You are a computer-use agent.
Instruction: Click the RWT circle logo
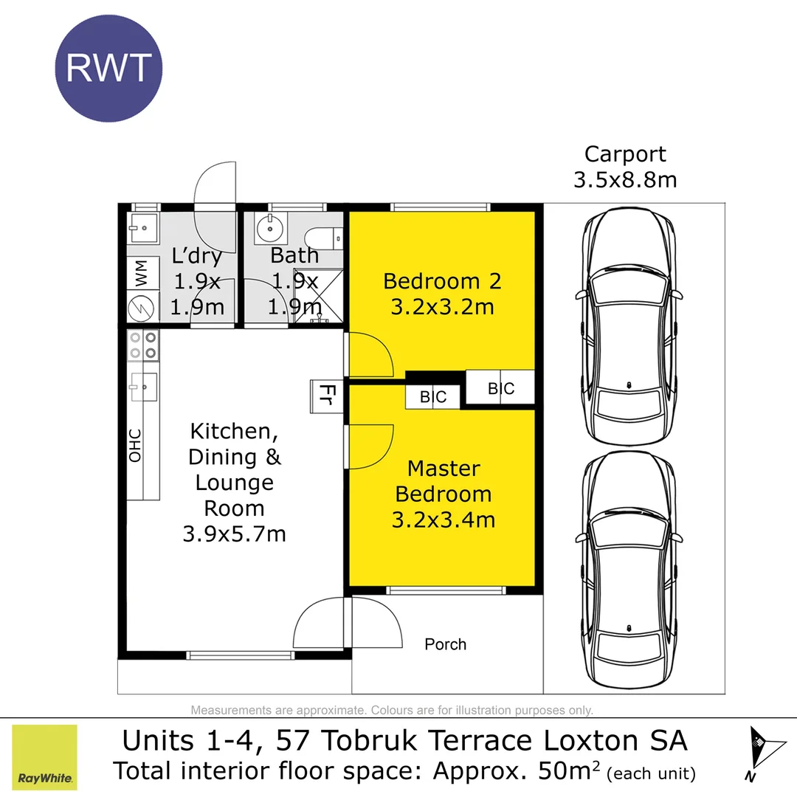(108, 68)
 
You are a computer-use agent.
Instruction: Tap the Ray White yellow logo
(45, 757)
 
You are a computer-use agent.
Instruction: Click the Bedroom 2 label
(442, 293)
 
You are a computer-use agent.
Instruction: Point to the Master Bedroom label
(443, 494)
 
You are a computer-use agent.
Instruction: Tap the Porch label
(445, 644)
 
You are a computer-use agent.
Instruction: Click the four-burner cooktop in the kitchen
(143, 345)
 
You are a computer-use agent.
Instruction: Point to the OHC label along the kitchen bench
(135, 445)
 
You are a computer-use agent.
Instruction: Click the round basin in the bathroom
(271, 230)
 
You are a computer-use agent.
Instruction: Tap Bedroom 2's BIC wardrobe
(500, 387)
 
